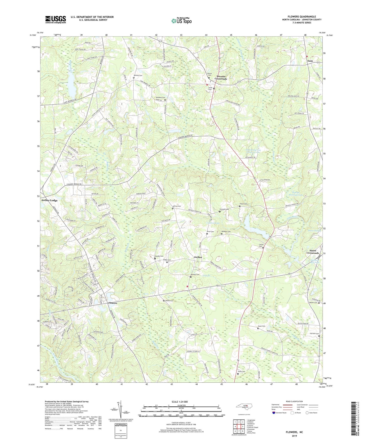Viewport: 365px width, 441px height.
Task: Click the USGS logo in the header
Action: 55,19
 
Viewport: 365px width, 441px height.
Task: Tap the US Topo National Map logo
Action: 181,21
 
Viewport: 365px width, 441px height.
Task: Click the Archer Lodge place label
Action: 49,200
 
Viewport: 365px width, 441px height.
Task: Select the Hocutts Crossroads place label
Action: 221,78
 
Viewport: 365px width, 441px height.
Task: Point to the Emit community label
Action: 310,61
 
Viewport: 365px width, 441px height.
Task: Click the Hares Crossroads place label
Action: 313,252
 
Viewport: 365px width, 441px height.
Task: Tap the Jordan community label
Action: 198,257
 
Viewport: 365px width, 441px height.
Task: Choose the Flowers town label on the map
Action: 113,303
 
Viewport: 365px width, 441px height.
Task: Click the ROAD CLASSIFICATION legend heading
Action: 294,401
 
